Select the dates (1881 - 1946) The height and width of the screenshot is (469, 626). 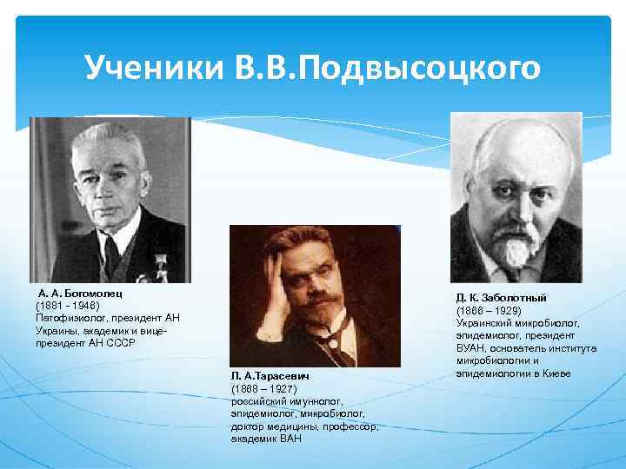pos(68,306)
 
